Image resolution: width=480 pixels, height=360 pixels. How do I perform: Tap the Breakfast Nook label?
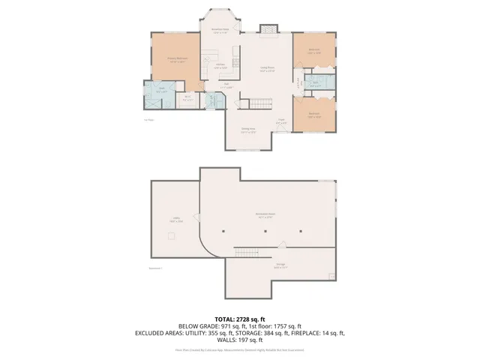click(220, 31)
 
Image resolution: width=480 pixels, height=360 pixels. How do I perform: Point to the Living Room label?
click(267, 69)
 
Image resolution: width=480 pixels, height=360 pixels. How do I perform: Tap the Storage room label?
click(279, 265)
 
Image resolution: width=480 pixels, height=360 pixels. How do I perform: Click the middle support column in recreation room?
click(265, 232)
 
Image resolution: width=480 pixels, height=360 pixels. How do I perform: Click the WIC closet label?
click(187, 98)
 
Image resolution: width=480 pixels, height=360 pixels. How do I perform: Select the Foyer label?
click(281, 121)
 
